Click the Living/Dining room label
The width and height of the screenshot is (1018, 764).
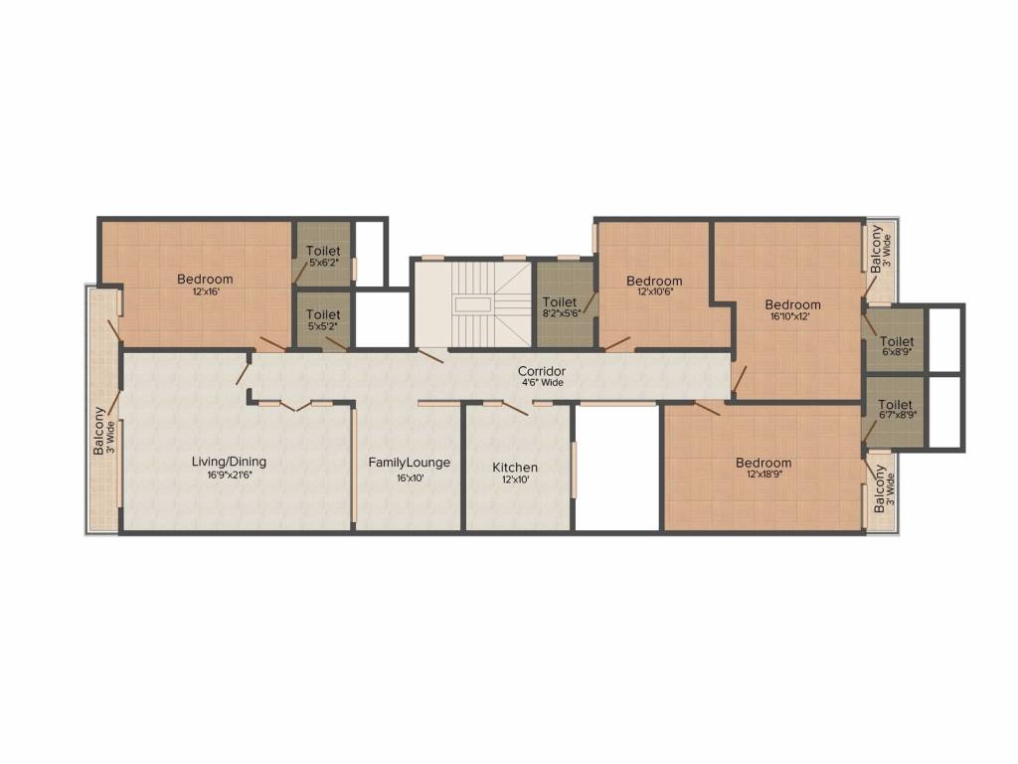click(229, 462)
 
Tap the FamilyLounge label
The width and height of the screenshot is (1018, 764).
click(409, 463)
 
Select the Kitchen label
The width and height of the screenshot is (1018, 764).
click(515, 468)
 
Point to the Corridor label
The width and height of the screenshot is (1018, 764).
click(542, 371)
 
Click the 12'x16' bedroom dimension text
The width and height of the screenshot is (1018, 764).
click(205, 292)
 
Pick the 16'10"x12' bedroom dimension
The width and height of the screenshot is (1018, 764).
click(792, 317)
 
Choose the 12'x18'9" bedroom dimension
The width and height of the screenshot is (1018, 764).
click(763, 476)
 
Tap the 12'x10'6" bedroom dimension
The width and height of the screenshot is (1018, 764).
click(654, 293)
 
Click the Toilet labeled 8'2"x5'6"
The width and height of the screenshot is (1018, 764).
click(560, 302)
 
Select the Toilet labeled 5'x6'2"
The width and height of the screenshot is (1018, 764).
click(323, 251)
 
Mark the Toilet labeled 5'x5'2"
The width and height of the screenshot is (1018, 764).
click(323, 315)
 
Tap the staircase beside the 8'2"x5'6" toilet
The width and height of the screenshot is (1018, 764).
click(473, 302)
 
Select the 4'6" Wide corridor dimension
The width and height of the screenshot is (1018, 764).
click(542, 382)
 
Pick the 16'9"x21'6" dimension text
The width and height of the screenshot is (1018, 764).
click(229, 476)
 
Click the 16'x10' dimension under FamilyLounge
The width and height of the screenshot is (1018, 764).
click(409, 477)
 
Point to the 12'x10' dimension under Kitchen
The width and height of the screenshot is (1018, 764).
click(515, 479)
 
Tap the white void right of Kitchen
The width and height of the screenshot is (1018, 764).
click(617, 468)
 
